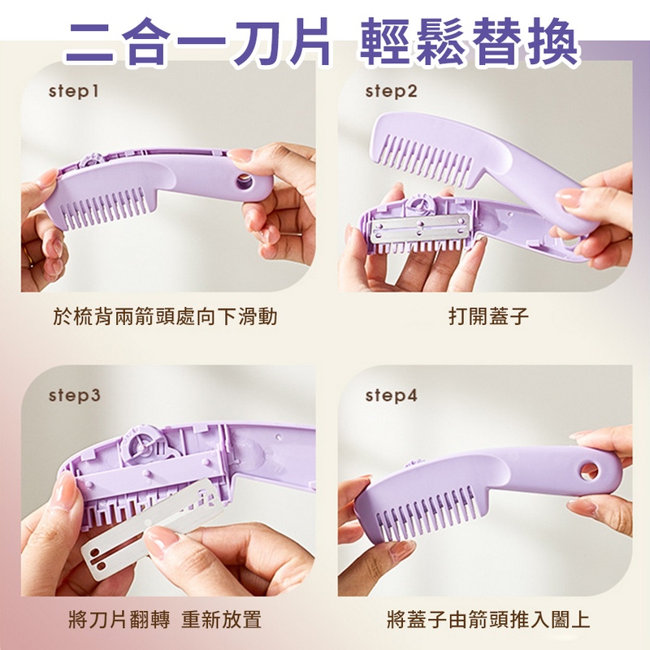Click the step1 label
tap(73, 92)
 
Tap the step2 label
tap(391, 92)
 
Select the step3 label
tap(74, 396)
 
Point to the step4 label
tap(391, 396)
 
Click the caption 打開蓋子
tap(488, 316)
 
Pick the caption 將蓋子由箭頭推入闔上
tap(488, 622)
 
